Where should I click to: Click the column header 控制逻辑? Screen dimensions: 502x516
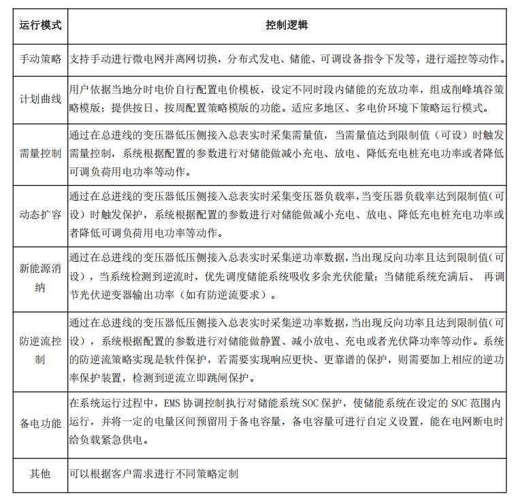287,26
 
